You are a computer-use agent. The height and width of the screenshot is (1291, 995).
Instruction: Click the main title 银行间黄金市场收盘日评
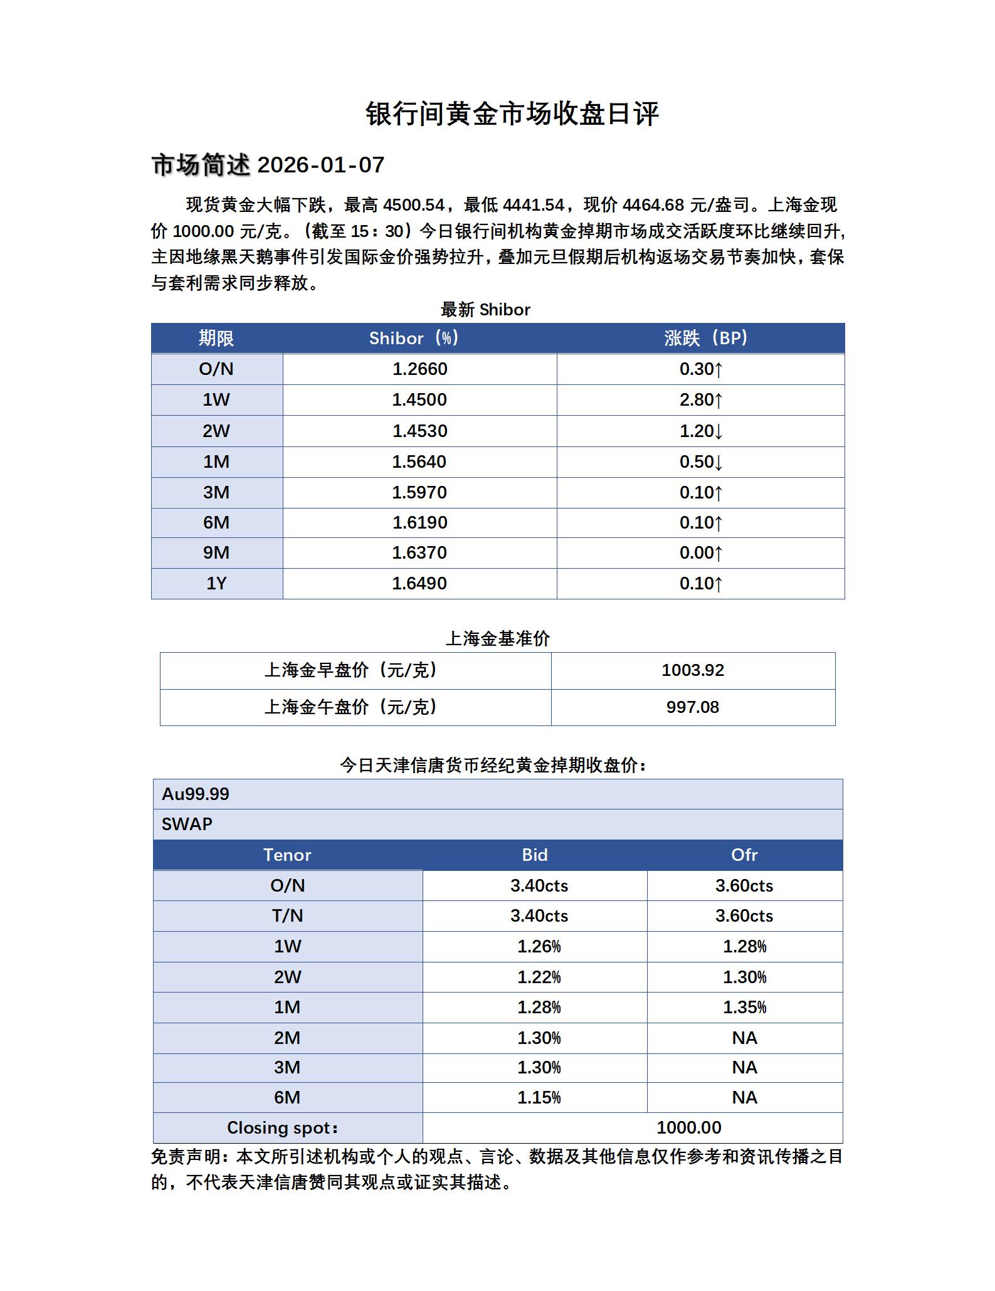pyautogui.click(x=512, y=115)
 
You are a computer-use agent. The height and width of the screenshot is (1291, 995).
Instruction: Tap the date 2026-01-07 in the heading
pyautogui.click(x=320, y=165)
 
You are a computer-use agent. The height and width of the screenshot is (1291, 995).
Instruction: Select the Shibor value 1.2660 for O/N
pyautogui.click(x=419, y=369)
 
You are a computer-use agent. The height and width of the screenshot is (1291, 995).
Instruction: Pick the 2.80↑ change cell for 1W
pyautogui.click(x=700, y=400)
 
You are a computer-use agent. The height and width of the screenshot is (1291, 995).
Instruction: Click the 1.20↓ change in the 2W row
pyautogui.click(x=700, y=431)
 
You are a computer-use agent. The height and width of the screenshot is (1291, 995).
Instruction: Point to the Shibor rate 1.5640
pyautogui.click(x=419, y=462)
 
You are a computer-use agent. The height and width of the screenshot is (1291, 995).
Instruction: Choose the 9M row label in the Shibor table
pyautogui.click(x=216, y=553)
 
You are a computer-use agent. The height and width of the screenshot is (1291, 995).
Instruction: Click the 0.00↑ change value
pyautogui.click(x=700, y=553)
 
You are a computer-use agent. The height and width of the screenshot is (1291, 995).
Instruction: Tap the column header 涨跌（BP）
pyautogui.click(x=705, y=339)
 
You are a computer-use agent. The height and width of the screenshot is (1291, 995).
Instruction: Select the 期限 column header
pyautogui.click(x=216, y=339)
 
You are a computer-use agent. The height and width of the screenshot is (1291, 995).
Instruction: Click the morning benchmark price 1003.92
pyautogui.click(x=693, y=670)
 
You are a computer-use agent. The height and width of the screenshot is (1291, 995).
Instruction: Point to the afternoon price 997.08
pyautogui.click(x=693, y=707)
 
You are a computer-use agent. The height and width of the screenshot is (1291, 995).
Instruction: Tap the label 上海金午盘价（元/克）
pyautogui.click(x=351, y=707)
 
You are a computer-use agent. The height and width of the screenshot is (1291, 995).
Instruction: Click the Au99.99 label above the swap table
pyautogui.click(x=196, y=794)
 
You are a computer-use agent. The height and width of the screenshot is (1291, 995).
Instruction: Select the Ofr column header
pyautogui.click(x=744, y=855)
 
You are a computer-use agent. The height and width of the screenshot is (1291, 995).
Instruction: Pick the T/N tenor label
pyautogui.click(x=287, y=916)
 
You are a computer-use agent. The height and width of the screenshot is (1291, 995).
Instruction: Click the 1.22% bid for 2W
pyautogui.click(x=539, y=977)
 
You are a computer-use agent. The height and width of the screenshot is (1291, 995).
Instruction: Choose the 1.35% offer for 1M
pyautogui.click(x=744, y=1008)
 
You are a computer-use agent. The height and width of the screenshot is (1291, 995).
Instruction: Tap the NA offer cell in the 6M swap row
pyautogui.click(x=744, y=1098)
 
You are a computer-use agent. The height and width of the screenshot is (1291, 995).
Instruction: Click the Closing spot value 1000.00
pyautogui.click(x=688, y=1128)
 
